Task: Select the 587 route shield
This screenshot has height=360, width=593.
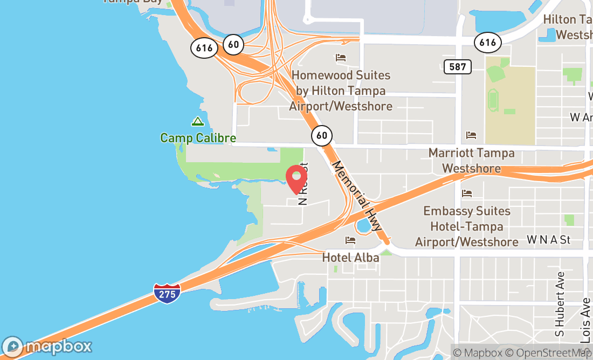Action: pos(458,67)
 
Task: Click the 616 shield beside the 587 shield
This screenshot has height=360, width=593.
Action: pos(488,43)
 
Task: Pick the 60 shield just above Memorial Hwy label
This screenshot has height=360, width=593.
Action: pos(321,135)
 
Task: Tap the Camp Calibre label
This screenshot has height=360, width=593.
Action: pos(198,138)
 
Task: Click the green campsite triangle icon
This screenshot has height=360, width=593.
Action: pos(198,122)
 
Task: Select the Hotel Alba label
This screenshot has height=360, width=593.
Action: pos(350,258)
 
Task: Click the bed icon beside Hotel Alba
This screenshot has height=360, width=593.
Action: pos(350,240)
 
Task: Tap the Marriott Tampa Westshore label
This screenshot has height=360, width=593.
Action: pos(471,161)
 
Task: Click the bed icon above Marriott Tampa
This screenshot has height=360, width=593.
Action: pos(471,135)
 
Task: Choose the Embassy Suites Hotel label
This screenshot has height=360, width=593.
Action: pos(467,226)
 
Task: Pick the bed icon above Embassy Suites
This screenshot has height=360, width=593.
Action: pos(467,193)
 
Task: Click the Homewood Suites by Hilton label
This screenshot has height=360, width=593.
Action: pos(341,91)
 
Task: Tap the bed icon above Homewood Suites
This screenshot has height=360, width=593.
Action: pos(340,58)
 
